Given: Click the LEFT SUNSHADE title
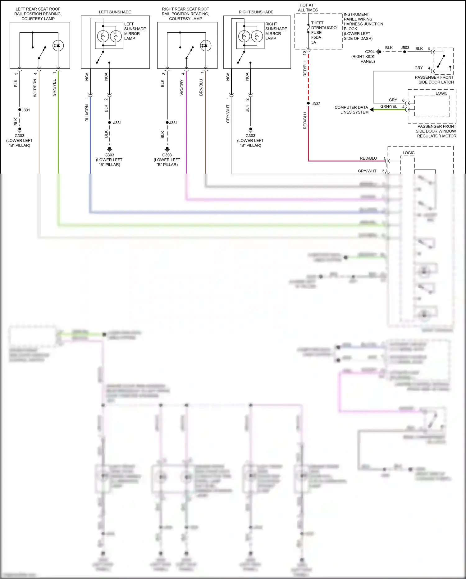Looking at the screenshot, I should pos(115,12).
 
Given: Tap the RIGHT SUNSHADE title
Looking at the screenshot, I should pos(256,12).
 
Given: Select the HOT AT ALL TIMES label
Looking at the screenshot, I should pos(307,8).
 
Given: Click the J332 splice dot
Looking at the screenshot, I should pos(308,103).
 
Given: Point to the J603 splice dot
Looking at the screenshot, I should pos(404,52).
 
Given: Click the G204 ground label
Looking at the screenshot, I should pos(370,52).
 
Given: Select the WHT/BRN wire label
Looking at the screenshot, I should pos(35,88).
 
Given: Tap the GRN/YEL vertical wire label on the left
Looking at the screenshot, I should pos(54,88).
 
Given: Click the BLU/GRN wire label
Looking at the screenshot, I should pos(87,113).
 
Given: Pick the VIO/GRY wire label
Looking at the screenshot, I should pos(182,88).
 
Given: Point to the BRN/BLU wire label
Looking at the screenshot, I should pos(201,87).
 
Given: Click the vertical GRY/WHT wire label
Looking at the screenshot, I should pos(228,114).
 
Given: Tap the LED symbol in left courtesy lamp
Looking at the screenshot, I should pos(58,46).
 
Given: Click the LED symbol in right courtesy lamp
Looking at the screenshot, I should pos(206,46).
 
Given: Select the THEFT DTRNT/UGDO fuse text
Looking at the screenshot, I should pos(323,26).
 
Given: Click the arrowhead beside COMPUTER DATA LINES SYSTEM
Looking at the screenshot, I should pos(372,110).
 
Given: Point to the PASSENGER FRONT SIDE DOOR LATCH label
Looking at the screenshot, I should pos(434,80).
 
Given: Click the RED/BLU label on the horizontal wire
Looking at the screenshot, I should pos(368,158).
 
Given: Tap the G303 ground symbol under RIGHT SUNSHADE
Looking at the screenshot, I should pos(250,129).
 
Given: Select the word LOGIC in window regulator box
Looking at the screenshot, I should pos(441,93).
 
